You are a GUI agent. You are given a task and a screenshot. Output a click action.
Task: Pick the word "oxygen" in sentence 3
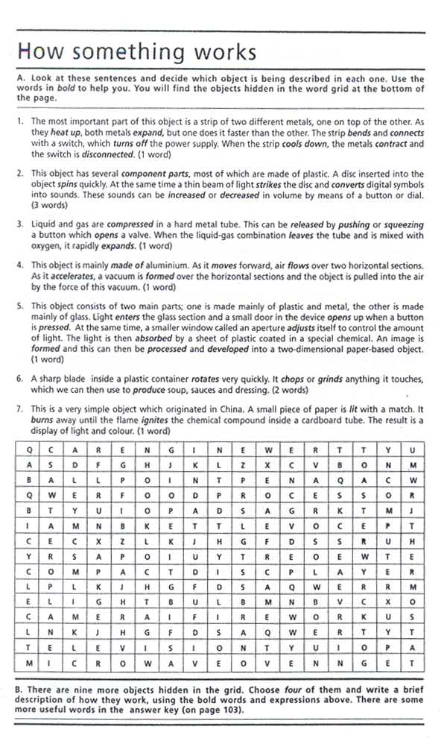(x=47, y=245)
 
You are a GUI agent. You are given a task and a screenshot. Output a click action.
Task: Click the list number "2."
(x=20, y=174)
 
